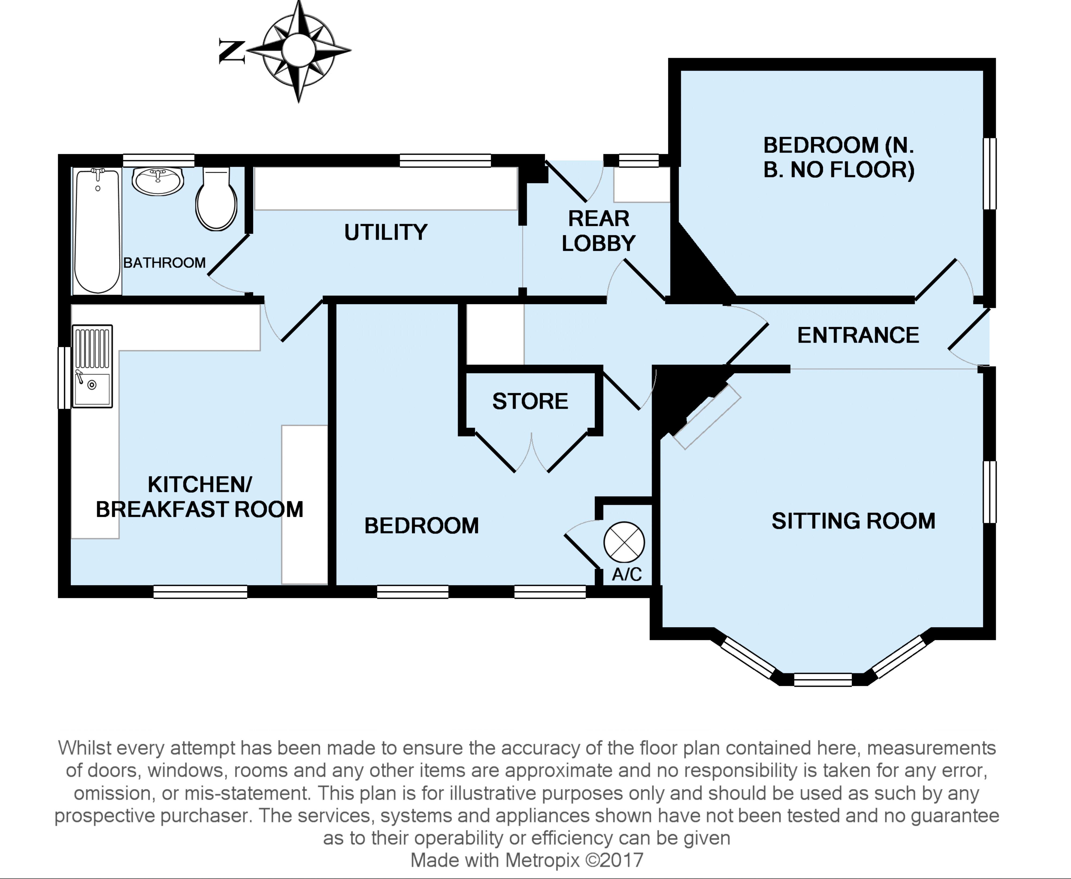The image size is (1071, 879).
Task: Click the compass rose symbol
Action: pyautogui.click(x=299, y=51)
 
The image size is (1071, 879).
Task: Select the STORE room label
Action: pyautogui.click(x=530, y=401)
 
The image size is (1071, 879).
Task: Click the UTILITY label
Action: pyautogui.click(x=386, y=232)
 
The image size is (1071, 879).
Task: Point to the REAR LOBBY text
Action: pyautogui.click(x=598, y=231)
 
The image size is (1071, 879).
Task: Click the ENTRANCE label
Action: pyautogui.click(x=858, y=335)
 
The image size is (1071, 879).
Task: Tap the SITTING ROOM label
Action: pyautogui.click(x=853, y=521)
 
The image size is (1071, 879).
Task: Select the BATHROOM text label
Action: pyautogui.click(x=165, y=263)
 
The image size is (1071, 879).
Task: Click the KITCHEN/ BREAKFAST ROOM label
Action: pyautogui.click(x=199, y=497)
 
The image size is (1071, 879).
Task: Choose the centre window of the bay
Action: pyautogui.click(x=823, y=680)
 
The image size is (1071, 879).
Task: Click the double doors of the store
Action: pyautogui.click(x=532, y=453)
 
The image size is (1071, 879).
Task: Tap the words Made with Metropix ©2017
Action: pyautogui.click(x=527, y=860)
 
